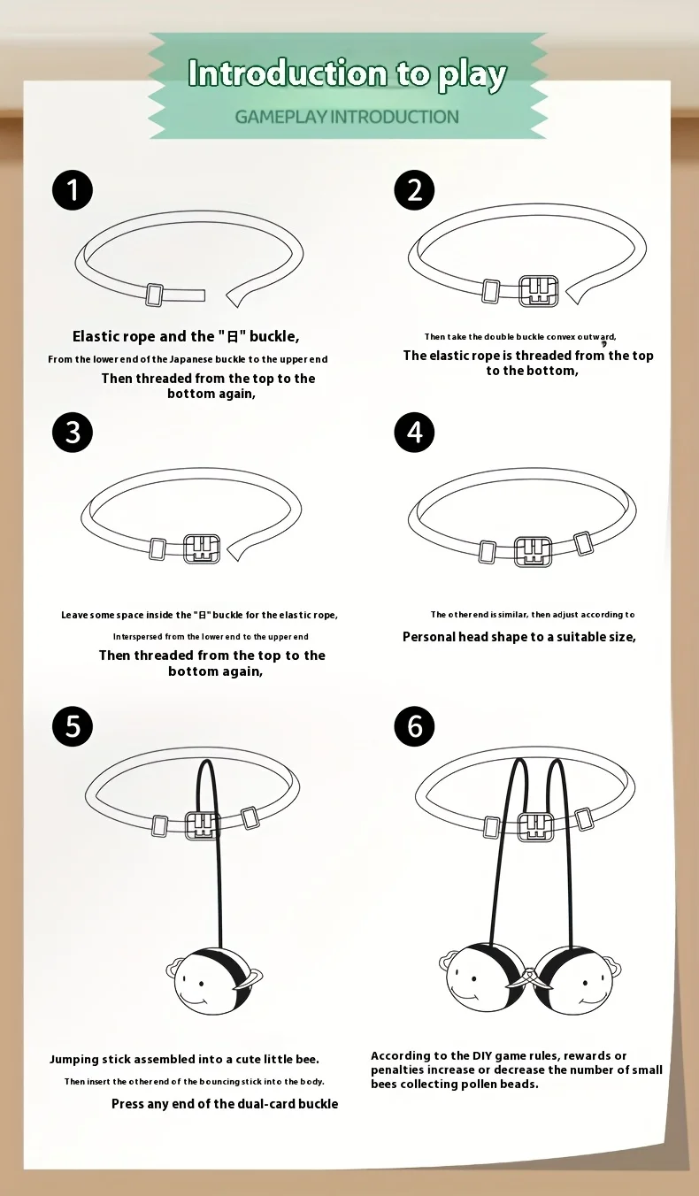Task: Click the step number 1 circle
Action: click(72, 190)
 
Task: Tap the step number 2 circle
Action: click(414, 190)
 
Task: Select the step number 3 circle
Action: click(72, 432)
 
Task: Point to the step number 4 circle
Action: click(414, 432)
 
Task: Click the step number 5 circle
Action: click(72, 726)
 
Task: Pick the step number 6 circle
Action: click(414, 726)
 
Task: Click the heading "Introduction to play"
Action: click(347, 73)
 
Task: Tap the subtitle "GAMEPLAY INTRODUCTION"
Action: click(347, 117)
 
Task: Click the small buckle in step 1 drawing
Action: click(154, 295)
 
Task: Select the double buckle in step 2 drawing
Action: click(539, 291)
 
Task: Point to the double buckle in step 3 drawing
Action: click(202, 548)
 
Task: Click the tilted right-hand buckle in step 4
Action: click(583, 543)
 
